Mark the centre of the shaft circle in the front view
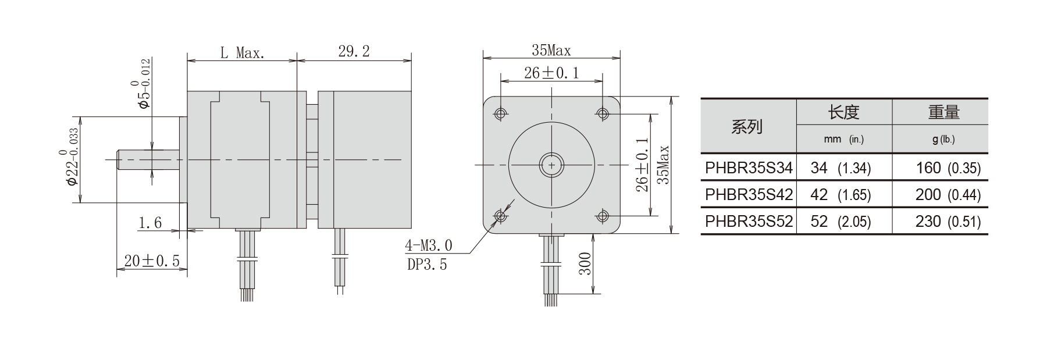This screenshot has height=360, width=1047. [x=551, y=165]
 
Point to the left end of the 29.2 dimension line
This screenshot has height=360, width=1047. [x=297, y=60]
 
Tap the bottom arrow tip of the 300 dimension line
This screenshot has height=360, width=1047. [x=593, y=293]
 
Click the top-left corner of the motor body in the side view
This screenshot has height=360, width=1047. [x=187, y=91]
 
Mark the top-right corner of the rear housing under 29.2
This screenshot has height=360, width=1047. [x=412, y=91]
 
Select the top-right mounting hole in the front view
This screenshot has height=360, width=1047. [x=603, y=113]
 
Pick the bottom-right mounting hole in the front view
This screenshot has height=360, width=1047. [x=603, y=216]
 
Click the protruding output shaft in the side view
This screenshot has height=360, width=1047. [x=148, y=160]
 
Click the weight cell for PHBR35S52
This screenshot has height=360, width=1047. [x=940, y=222]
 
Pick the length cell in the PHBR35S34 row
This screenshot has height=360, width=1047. [x=844, y=168]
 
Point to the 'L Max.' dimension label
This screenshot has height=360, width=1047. [x=243, y=53]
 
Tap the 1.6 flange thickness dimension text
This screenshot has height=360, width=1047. [x=150, y=222]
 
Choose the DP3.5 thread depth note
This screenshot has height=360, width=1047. [x=427, y=265]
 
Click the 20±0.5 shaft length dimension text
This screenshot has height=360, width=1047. [x=152, y=261]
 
